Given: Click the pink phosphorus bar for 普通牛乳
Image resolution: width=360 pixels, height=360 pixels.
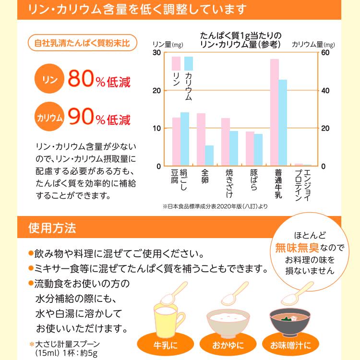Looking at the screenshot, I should pos(274,112).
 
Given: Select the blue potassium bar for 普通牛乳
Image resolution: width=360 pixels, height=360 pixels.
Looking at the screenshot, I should pos(283,122).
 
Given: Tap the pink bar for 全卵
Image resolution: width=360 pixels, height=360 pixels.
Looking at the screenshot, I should pos(201,139).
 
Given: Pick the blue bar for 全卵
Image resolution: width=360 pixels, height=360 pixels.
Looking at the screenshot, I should pos(209,156).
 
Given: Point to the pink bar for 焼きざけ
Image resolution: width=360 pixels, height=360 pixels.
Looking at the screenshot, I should pos(225,142).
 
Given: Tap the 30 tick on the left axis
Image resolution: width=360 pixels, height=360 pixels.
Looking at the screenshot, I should pos(157,52).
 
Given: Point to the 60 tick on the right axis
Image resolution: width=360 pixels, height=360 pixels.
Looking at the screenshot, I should pos(324,52).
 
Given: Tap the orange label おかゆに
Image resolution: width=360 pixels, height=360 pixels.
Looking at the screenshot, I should pos(228,345).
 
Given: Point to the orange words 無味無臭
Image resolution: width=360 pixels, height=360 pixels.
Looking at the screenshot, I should pos(295,248).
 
